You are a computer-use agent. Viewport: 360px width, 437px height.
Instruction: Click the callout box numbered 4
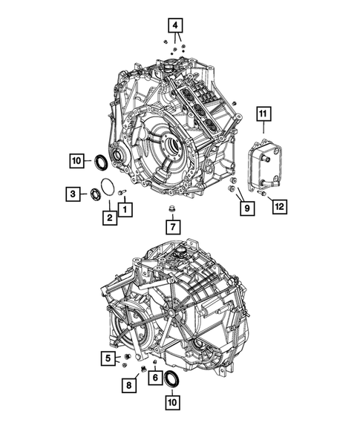pyautogui.click(x=175, y=24)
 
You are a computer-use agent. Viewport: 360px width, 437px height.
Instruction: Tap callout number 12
pyautogui.click(x=278, y=205)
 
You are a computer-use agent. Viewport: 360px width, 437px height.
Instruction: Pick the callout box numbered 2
pyautogui.click(x=108, y=217)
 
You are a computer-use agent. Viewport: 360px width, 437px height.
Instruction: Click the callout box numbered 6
pyautogui.click(x=155, y=378)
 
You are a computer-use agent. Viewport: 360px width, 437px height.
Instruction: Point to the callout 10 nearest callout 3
pyautogui.click(x=76, y=160)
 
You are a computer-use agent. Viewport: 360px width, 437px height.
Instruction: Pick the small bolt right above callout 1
pyautogui.click(x=123, y=193)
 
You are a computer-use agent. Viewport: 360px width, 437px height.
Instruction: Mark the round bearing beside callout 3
pyautogui.click(x=94, y=194)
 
